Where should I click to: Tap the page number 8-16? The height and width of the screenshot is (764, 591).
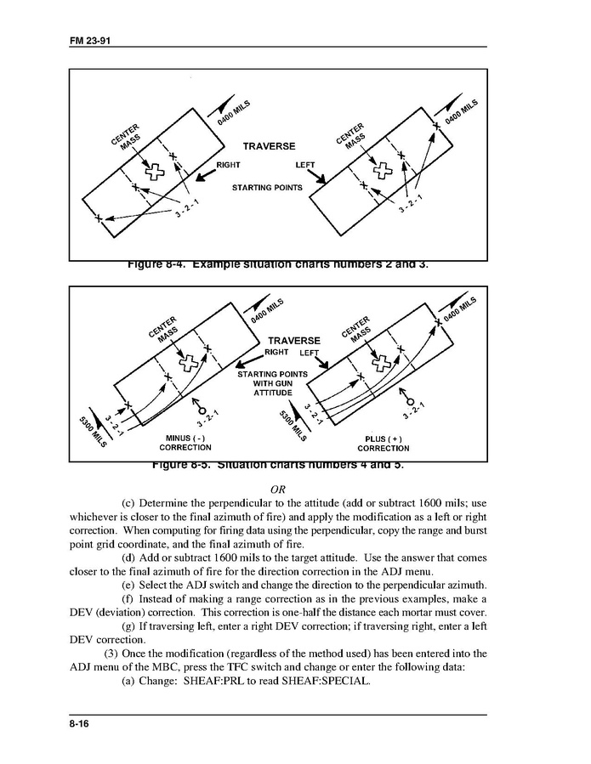coord(81,722)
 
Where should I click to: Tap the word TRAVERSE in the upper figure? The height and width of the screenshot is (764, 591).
coord(269,146)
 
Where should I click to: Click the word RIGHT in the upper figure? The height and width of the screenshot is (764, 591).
coord(229,165)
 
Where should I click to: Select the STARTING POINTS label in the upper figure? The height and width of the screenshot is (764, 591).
coord(267,188)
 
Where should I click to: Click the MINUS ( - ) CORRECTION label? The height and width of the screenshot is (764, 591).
coord(185,443)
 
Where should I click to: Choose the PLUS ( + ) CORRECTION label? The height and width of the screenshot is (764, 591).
coord(383,444)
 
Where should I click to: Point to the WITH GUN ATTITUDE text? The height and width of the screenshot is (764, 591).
coord(272,388)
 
